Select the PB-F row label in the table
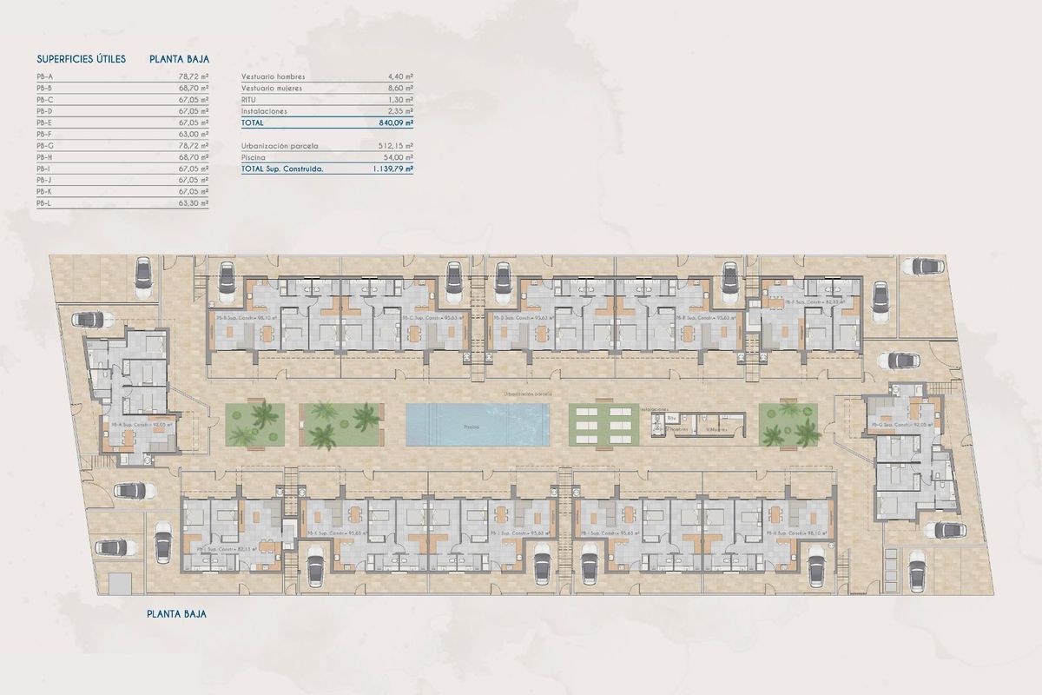coord(44,134)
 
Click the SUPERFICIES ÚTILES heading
coord(82,59)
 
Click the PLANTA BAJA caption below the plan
coord(177,613)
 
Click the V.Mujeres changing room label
coord(717,428)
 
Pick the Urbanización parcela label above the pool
coord(527,394)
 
